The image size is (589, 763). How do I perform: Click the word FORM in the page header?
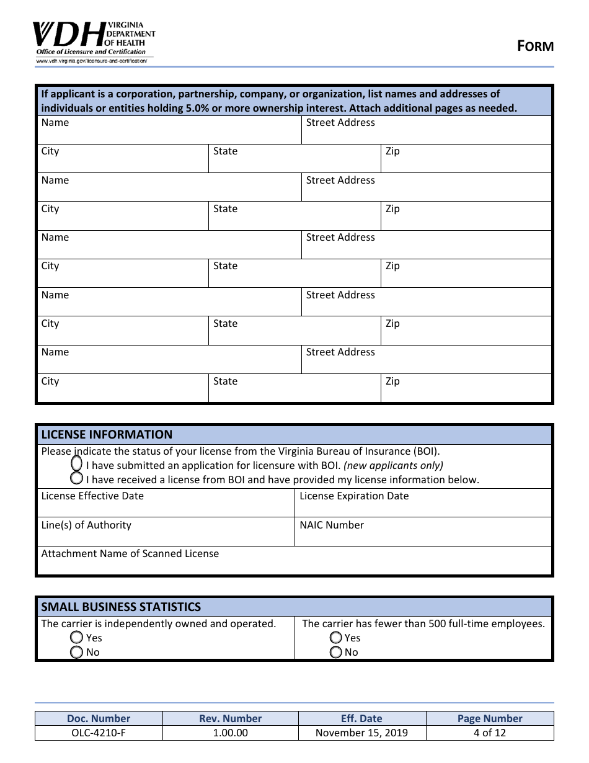(536, 46)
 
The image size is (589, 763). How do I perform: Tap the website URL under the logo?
(91, 61)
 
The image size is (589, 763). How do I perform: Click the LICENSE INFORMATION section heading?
(107, 434)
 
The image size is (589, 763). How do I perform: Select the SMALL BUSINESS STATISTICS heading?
(121, 607)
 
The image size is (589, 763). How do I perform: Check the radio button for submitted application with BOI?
(77, 464)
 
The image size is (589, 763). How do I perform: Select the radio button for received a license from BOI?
(77, 478)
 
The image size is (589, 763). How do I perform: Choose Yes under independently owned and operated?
(77, 637)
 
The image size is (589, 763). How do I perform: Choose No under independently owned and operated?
(77, 652)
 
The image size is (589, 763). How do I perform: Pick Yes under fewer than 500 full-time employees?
(336, 637)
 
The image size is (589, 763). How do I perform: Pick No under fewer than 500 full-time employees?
(336, 652)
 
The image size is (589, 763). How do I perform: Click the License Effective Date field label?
(92, 496)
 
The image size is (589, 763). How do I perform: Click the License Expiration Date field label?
(354, 496)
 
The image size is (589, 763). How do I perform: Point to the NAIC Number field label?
(332, 525)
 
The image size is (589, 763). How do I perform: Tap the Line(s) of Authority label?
(86, 525)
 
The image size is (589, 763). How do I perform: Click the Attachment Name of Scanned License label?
(130, 553)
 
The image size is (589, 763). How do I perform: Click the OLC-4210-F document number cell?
(99, 733)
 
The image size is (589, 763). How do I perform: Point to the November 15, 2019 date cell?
(361, 733)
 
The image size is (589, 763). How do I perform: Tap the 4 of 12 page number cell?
(490, 733)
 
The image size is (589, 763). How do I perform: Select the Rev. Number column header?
(230, 718)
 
